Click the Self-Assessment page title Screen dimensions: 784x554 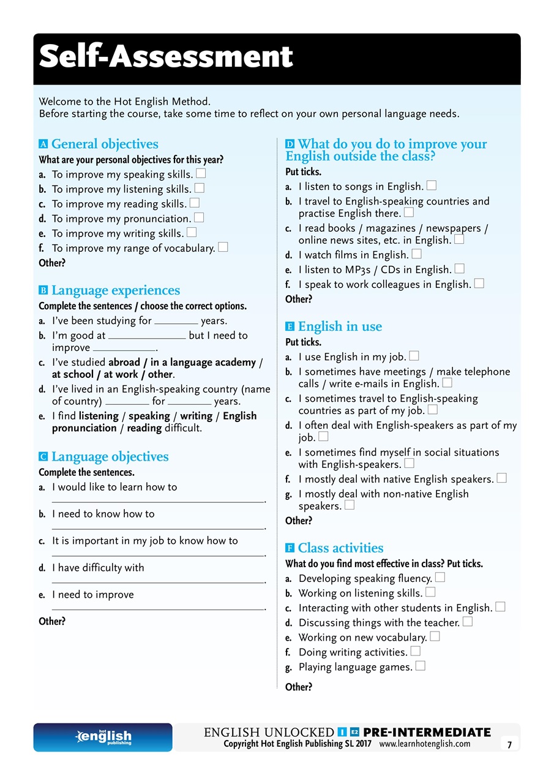(x=166, y=57)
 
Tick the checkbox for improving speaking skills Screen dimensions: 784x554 (x=201, y=173)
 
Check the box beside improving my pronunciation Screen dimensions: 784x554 (x=199, y=217)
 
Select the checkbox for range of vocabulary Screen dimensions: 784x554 (x=223, y=247)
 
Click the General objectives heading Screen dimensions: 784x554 (x=105, y=144)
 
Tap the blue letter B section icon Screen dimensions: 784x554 (x=43, y=290)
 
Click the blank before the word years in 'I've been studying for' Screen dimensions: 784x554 (x=176, y=322)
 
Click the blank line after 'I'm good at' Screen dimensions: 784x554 (x=147, y=337)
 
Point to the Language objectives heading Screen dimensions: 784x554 (x=110, y=456)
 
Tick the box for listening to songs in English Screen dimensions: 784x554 (x=431, y=185)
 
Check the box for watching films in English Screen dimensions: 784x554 (x=416, y=254)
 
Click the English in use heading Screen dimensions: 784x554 (x=340, y=326)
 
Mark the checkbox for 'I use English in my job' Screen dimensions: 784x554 (x=414, y=355)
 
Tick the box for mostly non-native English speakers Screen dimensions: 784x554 (x=350, y=505)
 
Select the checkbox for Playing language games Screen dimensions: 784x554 (x=420, y=666)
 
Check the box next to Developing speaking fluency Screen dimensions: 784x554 (x=440, y=577)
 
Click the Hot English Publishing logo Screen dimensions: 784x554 (x=103, y=737)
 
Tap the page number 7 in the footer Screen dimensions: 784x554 (x=509, y=744)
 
